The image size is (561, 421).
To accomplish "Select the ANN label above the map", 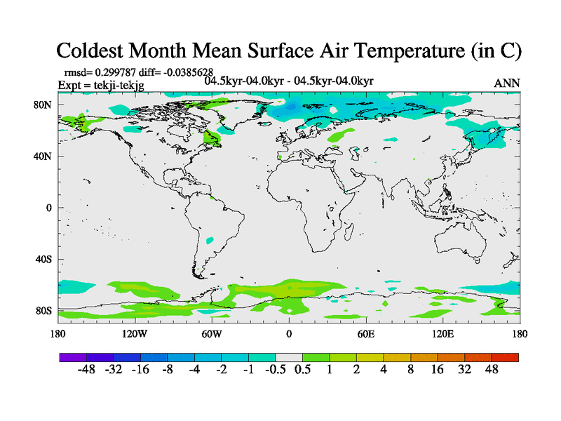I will pyautogui.click(x=507, y=83).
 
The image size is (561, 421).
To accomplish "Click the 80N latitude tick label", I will pyautogui.click(x=43, y=105).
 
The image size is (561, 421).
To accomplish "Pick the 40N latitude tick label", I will pyautogui.click(x=43, y=156).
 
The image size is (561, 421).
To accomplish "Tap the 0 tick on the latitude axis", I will pyautogui.click(x=49, y=208).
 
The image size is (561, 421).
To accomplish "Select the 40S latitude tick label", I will pyautogui.click(x=43, y=259).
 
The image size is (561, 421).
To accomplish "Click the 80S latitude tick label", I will pyautogui.click(x=43, y=310).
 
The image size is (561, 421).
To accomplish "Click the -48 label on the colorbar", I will pyautogui.click(x=86, y=370).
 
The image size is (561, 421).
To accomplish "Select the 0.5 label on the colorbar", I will pyautogui.click(x=302, y=370).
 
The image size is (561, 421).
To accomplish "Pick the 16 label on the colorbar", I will pyautogui.click(x=438, y=370).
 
